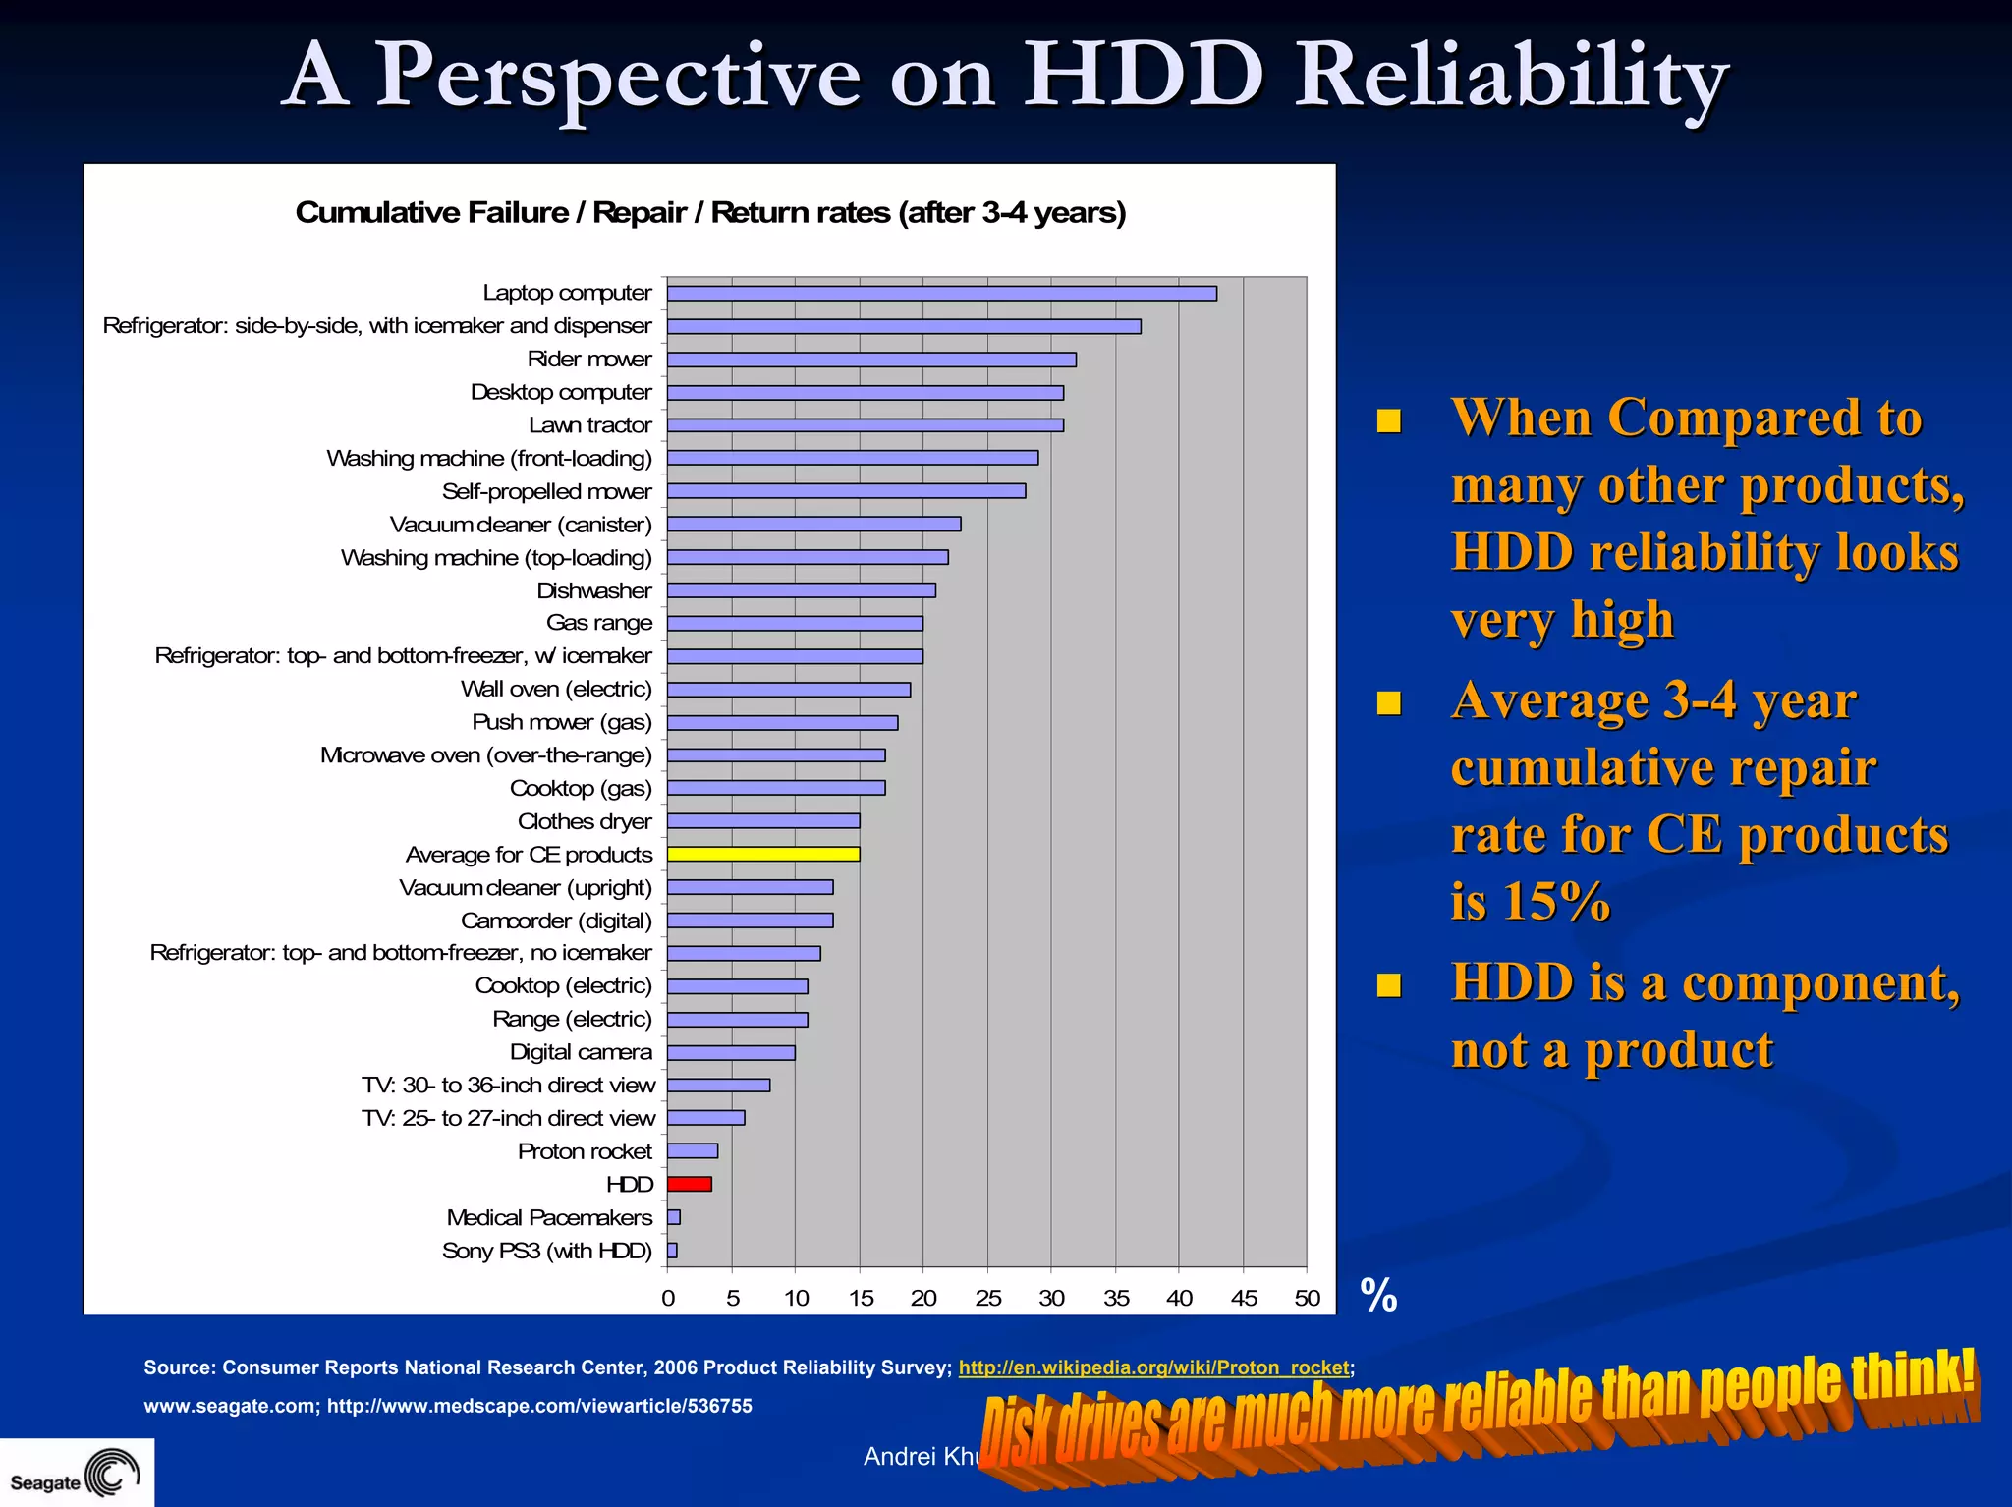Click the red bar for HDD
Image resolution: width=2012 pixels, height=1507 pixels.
689,1184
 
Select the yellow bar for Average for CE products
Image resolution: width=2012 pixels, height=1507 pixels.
763,854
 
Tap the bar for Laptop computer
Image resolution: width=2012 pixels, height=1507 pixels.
941,293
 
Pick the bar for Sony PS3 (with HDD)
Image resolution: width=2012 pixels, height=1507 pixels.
672,1251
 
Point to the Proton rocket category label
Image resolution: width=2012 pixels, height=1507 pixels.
585,1151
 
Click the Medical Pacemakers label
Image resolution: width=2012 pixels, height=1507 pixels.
549,1217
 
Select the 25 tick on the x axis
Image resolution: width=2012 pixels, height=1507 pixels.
987,1298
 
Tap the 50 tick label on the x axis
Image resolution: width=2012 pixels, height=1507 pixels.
1307,1298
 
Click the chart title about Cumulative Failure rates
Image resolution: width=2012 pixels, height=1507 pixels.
710,212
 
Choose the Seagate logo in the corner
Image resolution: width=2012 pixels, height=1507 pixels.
76,1473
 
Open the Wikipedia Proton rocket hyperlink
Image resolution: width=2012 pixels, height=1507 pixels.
1153,1367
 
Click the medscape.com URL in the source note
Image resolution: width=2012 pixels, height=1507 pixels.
539,1406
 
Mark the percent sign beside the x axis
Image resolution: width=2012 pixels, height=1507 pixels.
1378,1296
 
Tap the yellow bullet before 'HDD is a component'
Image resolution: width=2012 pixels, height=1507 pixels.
1388,984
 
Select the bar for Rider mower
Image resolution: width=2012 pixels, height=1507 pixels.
871,360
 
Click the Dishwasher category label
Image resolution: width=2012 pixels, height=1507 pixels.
593,590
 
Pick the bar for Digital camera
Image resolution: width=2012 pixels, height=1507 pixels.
731,1052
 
